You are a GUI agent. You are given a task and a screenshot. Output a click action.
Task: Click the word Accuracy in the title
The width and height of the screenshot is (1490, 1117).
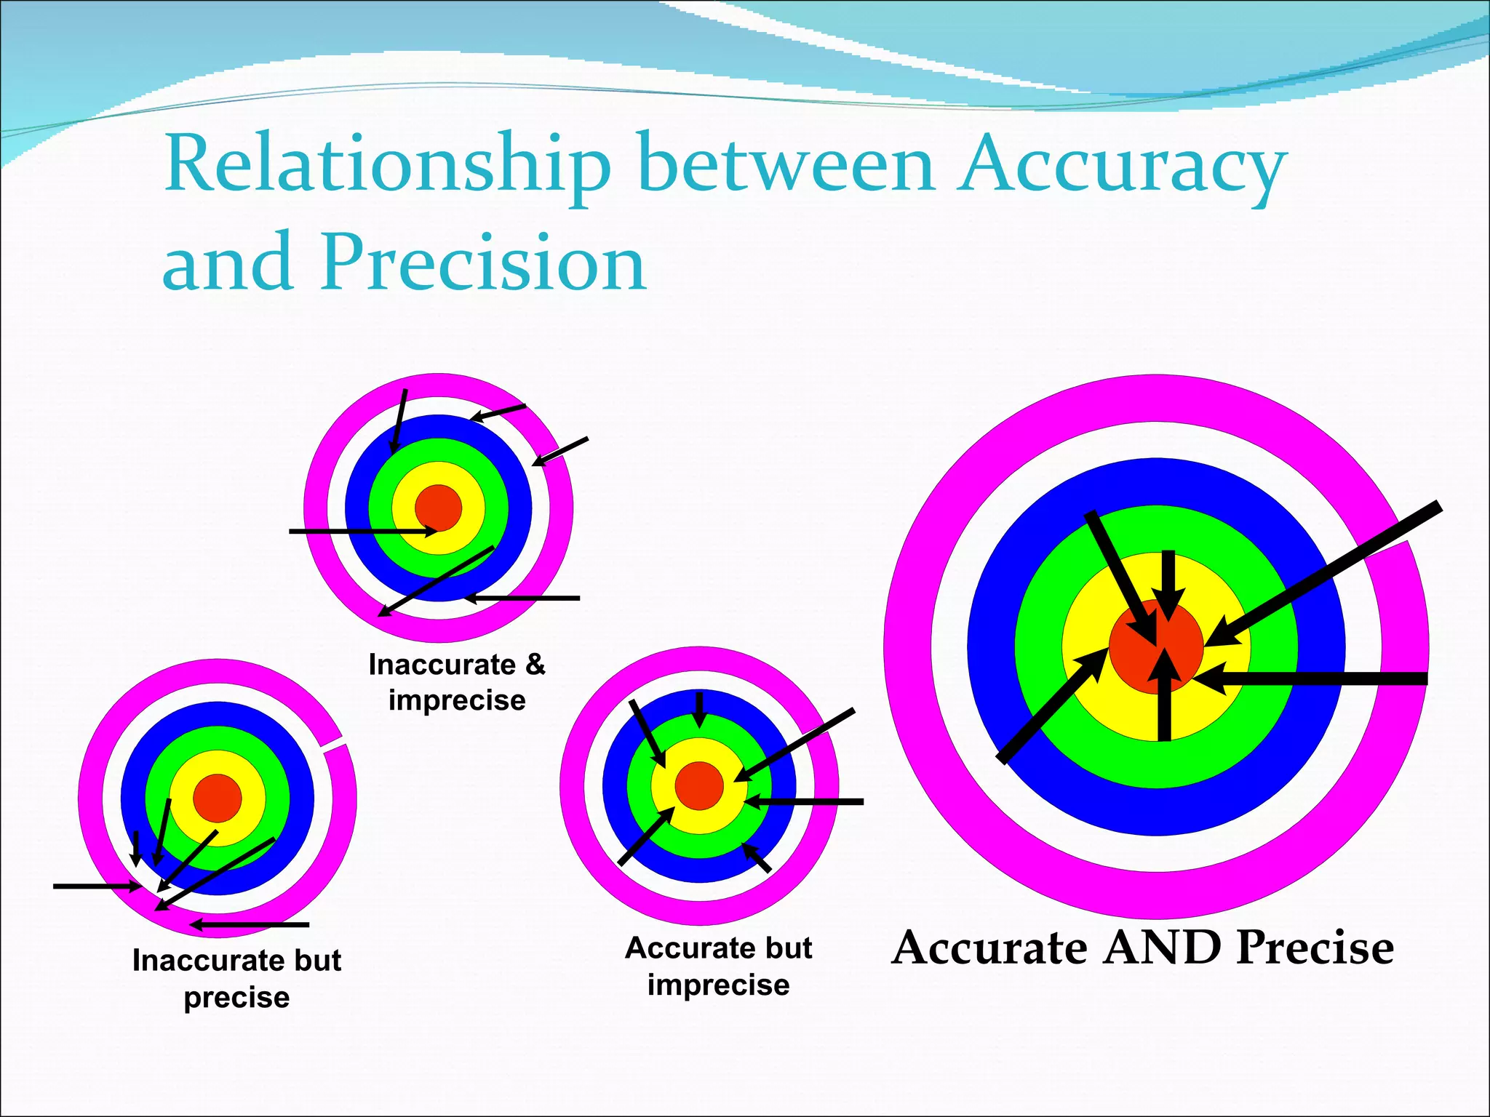point(1120,167)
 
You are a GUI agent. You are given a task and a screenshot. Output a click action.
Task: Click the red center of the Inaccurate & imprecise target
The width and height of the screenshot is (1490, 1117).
point(438,508)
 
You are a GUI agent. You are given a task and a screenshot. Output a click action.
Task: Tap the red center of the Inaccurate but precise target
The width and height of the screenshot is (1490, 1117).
point(217,798)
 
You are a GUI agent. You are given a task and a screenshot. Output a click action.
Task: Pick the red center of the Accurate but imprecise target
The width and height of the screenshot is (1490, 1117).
point(698,785)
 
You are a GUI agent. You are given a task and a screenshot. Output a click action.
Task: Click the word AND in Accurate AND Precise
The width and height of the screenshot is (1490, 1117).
point(1161,948)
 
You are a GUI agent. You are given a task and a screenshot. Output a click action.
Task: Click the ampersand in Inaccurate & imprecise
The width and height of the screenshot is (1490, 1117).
point(535,665)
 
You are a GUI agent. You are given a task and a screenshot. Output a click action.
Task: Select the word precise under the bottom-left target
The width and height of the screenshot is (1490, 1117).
point(236,997)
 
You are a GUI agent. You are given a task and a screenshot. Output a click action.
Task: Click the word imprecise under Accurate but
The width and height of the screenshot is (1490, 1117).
point(718,985)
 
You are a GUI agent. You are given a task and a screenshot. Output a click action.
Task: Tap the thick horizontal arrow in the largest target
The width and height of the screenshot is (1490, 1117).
point(1310,678)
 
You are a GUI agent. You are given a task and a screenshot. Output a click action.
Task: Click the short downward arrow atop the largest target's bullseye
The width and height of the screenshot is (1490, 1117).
point(1167,582)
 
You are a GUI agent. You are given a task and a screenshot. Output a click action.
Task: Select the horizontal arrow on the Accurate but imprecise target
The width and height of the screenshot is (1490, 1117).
point(808,801)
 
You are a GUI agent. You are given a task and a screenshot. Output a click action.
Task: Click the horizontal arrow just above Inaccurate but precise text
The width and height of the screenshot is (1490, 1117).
point(251,925)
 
